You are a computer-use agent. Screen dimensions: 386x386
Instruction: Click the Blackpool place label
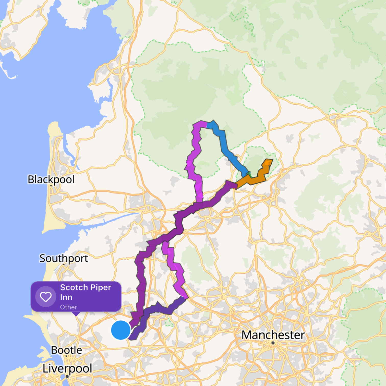tap(51, 179)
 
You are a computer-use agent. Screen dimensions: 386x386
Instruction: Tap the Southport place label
tap(64, 258)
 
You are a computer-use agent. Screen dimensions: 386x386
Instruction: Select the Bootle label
tap(66, 350)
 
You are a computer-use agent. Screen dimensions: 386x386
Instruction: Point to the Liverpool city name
tap(67, 368)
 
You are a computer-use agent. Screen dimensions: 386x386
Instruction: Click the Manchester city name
tap(273, 335)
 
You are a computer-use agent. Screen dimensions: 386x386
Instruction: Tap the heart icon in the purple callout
tap(45, 297)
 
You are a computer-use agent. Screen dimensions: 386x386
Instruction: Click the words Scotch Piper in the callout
tap(86, 287)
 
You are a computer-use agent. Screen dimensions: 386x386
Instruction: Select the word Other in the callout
tap(68, 307)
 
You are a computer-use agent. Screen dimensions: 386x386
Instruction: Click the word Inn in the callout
tap(66, 297)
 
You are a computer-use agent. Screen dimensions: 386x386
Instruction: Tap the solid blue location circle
tap(121, 330)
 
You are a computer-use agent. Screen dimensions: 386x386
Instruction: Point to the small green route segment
tap(249, 175)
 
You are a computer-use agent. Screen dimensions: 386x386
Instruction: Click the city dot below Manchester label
tap(273, 343)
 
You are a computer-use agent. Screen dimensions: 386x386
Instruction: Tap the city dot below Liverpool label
tap(67, 376)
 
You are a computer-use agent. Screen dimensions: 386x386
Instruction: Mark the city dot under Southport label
tap(64, 264)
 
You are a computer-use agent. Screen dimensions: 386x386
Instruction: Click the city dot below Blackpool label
tap(51, 185)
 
